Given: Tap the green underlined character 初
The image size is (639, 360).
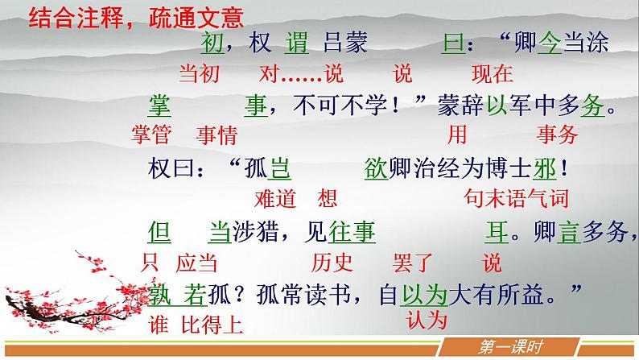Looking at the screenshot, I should point(212,43).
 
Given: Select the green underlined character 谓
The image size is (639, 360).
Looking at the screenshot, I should point(296,43).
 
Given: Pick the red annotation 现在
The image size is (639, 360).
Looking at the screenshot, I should point(492,74).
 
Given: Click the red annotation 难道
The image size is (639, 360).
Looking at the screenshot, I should point(275,198).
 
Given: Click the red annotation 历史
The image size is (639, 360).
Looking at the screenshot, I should point(332,262).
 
